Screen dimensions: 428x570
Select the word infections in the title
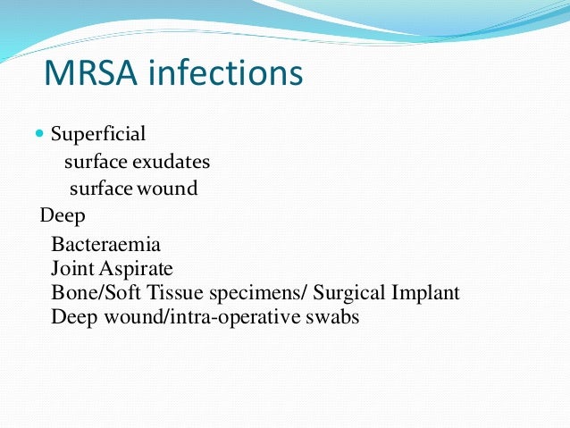pyautogui.click(x=227, y=73)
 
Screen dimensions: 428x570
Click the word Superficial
pyautogui.click(x=98, y=135)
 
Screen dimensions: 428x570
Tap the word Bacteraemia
pyautogui.click(x=106, y=244)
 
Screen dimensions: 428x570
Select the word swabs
pyautogui.click(x=330, y=317)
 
